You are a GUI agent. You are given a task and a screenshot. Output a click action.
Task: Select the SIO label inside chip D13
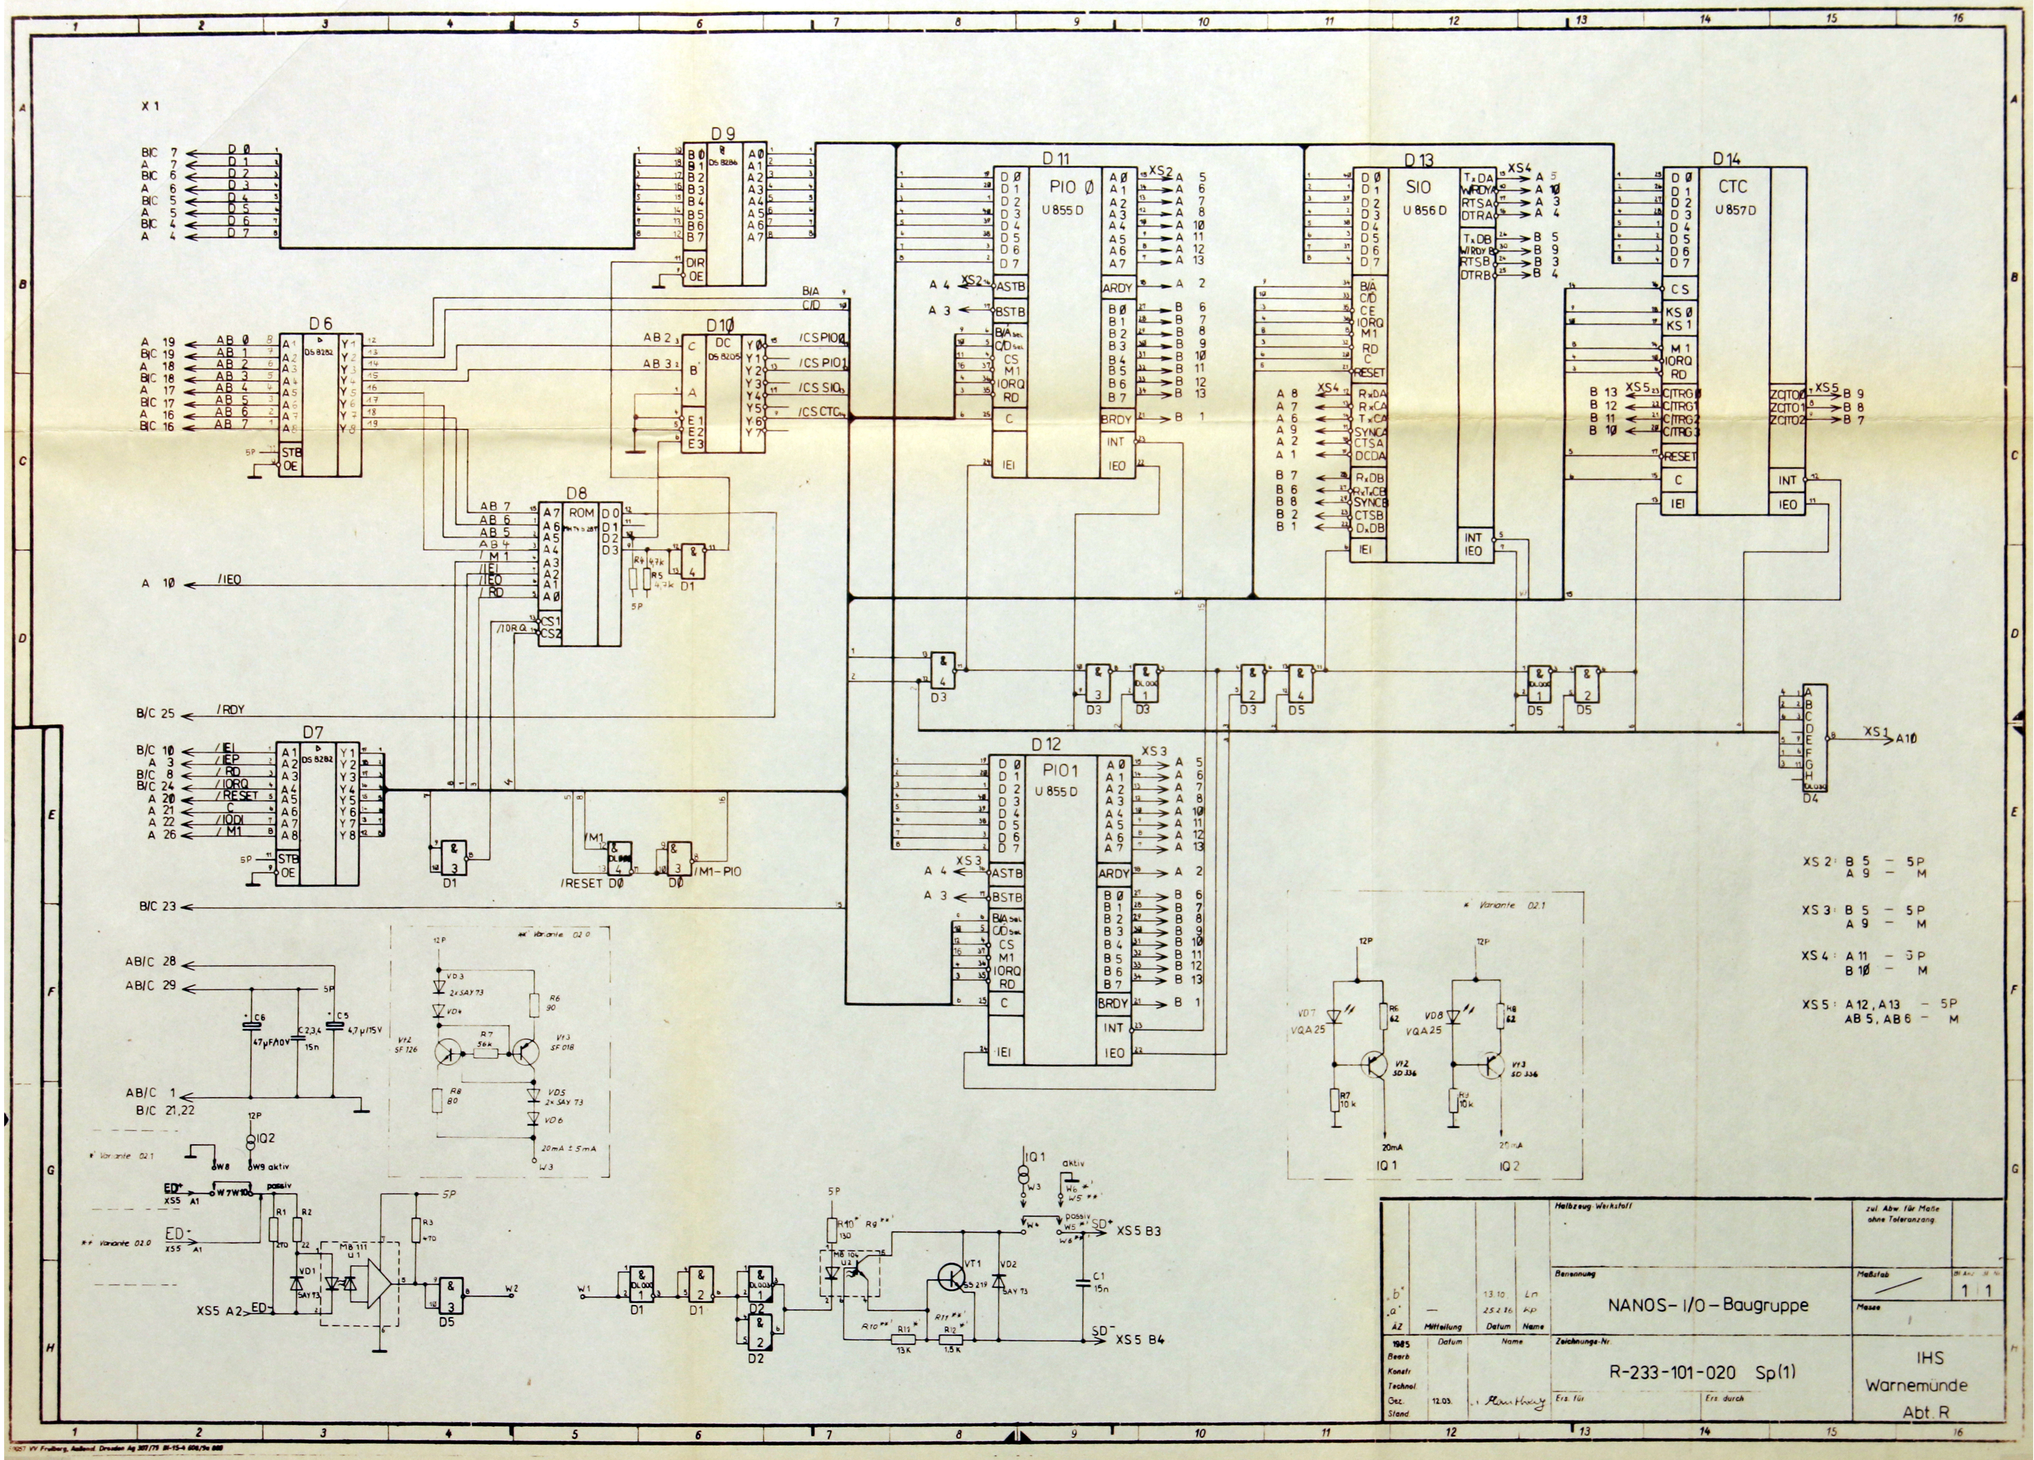click(x=1419, y=188)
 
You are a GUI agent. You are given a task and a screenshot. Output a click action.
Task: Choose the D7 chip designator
click(x=313, y=732)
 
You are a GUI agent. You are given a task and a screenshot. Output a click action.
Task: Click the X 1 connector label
click(x=151, y=107)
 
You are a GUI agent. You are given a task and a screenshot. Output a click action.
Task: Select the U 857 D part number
click(x=1735, y=210)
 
